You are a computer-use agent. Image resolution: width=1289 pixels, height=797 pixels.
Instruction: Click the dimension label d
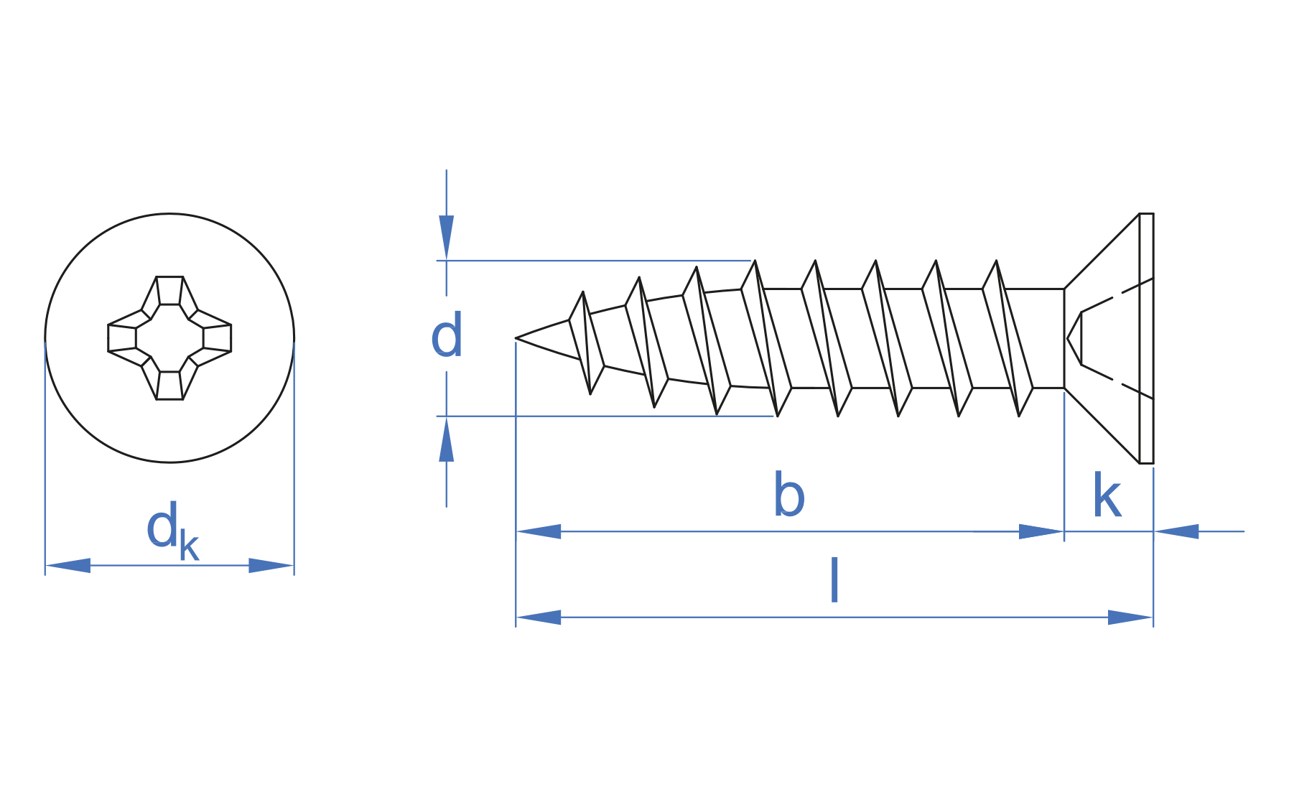446,335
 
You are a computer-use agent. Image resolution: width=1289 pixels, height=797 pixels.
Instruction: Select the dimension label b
788,494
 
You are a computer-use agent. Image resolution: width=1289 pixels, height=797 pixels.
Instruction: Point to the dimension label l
834,579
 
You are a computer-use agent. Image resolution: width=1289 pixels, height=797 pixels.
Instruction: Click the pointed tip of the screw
516,337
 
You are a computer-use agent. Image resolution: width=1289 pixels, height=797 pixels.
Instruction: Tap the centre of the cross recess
169,337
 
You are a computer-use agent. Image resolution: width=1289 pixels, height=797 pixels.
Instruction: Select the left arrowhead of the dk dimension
68,565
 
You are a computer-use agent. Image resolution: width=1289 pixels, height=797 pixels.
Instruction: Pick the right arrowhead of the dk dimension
271,565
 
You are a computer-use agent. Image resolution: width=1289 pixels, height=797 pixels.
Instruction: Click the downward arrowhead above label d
446,237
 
